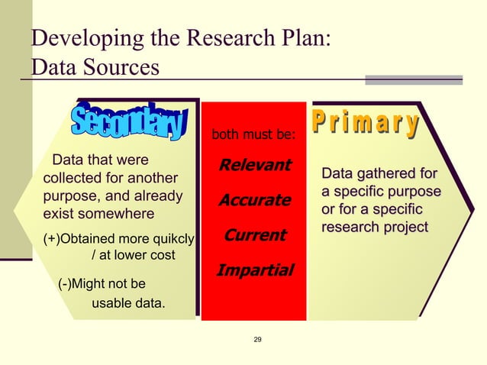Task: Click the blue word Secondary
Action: (x=129, y=123)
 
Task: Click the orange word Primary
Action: (x=366, y=124)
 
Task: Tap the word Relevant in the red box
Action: (x=255, y=165)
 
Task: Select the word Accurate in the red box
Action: (x=255, y=200)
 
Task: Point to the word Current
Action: (x=255, y=235)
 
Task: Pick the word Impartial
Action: (x=255, y=270)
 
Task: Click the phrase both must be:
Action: (x=253, y=136)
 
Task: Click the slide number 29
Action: (x=257, y=339)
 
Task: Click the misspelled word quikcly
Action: (x=172, y=239)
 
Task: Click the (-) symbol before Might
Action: (x=66, y=285)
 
